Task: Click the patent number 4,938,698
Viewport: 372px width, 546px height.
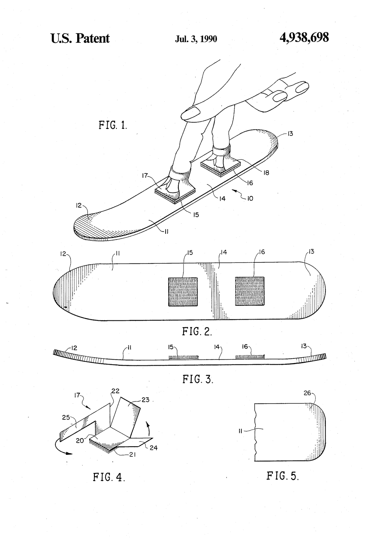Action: (x=304, y=38)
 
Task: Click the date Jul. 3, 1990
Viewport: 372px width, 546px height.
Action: (x=196, y=39)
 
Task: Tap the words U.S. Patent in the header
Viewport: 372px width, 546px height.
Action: (x=80, y=39)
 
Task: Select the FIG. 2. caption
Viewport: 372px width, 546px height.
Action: (x=197, y=331)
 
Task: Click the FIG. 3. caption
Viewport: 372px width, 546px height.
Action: (x=198, y=379)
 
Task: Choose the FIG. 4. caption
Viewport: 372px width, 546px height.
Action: (x=109, y=477)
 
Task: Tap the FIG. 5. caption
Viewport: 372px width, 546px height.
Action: (x=283, y=476)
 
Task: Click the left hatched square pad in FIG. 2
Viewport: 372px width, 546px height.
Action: (x=183, y=291)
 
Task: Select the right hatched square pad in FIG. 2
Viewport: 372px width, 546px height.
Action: (x=250, y=291)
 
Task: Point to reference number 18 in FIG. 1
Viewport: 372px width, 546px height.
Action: (x=266, y=173)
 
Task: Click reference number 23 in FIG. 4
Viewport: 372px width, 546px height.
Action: (x=146, y=400)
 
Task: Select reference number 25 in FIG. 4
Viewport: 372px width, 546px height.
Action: (x=66, y=417)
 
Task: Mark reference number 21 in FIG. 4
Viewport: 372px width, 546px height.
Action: (x=132, y=454)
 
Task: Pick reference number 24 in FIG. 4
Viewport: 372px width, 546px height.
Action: (x=153, y=447)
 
